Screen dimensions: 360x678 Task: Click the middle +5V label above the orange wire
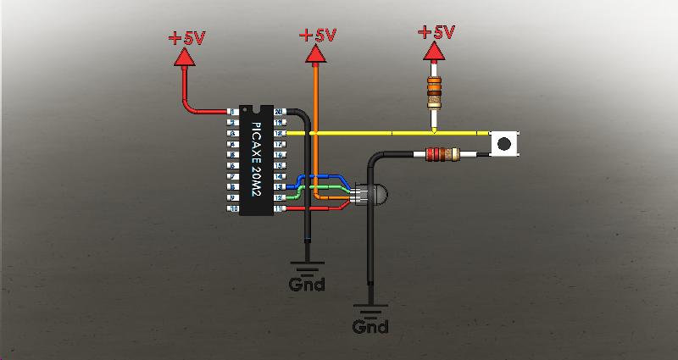(318, 36)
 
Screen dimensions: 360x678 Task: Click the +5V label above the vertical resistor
(436, 33)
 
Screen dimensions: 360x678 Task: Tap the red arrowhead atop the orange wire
(317, 54)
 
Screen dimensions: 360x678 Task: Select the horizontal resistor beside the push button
(440, 154)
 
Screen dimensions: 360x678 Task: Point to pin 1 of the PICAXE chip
(232, 112)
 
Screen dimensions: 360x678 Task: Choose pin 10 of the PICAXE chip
(232, 208)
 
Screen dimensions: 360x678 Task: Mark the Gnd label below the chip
(307, 285)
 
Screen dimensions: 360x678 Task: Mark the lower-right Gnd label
(370, 326)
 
